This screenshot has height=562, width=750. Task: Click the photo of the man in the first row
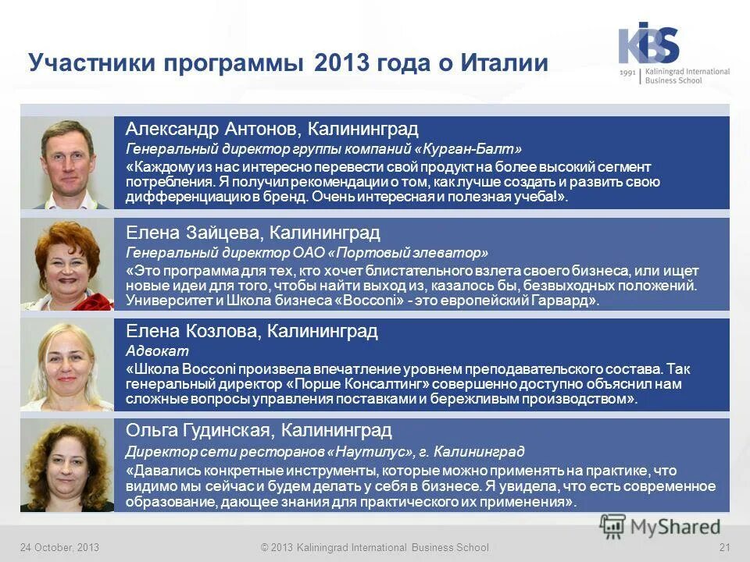click(x=67, y=162)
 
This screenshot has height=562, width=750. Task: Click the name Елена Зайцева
click(x=206, y=232)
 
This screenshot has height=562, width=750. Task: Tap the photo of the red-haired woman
click(x=67, y=265)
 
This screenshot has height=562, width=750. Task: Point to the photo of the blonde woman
click(x=67, y=365)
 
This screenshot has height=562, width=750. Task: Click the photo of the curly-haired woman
click(x=67, y=465)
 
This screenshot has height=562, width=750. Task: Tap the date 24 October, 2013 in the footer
click(x=59, y=548)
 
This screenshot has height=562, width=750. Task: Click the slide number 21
click(x=723, y=548)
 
